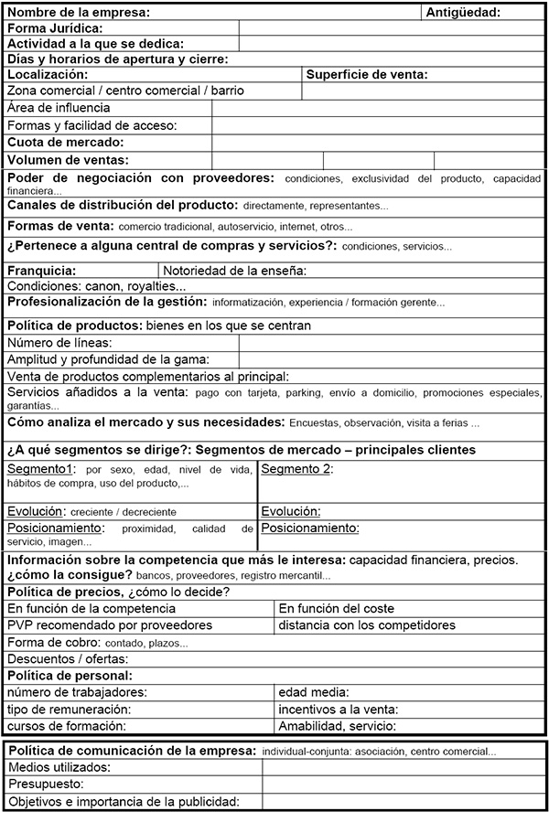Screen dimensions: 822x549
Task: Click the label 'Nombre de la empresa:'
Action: tap(78, 12)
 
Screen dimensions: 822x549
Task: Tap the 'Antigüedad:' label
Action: tap(463, 12)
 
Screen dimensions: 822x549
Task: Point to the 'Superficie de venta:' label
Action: tap(367, 74)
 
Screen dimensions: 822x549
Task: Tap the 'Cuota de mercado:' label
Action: tap(65, 142)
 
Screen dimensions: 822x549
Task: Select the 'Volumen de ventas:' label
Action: tap(68, 159)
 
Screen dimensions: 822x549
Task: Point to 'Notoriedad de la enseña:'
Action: tap(235, 271)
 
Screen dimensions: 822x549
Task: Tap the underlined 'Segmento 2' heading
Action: tap(295, 469)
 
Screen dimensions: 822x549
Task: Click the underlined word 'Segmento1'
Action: tap(41, 469)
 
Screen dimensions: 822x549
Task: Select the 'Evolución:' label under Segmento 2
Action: tap(291, 511)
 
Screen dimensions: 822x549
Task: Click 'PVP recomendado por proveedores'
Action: tap(110, 625)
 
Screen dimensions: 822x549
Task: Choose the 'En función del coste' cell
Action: tap(337, 608)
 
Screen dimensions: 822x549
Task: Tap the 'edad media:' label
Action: tap(314, 692)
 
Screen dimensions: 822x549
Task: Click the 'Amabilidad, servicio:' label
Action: tap(337, 726)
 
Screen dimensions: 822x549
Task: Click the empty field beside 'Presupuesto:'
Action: tap(403, 785)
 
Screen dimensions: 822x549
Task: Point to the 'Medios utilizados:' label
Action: tap(59, 767)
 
